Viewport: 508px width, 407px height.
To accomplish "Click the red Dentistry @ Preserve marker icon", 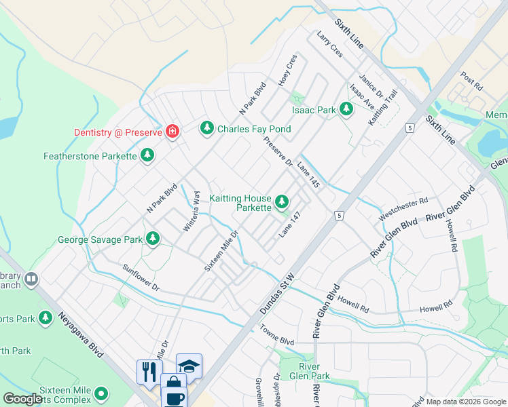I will click(x=172, y=131).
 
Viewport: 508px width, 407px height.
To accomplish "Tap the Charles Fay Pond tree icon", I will click(x=207, y=128).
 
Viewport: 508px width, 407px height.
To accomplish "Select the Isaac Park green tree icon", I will click(x=346, y=109).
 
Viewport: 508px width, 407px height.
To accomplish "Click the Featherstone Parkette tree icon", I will click(x=147, y=155).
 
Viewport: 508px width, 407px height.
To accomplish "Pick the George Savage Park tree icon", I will click(x=153, y=238).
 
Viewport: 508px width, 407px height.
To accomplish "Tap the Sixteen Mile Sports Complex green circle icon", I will click(x=101, y=393).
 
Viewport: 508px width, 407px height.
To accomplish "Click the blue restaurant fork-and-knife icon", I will click(x=148, y=371).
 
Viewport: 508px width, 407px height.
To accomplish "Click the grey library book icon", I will click(x=31, y=279).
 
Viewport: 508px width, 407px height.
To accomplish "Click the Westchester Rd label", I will click(x=404, y=209).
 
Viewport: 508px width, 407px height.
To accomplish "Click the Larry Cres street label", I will click(x=330, y=43).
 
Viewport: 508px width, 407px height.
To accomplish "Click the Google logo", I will click(x=22, y=399).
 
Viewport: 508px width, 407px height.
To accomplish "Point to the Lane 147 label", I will click(x=289, y=225).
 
